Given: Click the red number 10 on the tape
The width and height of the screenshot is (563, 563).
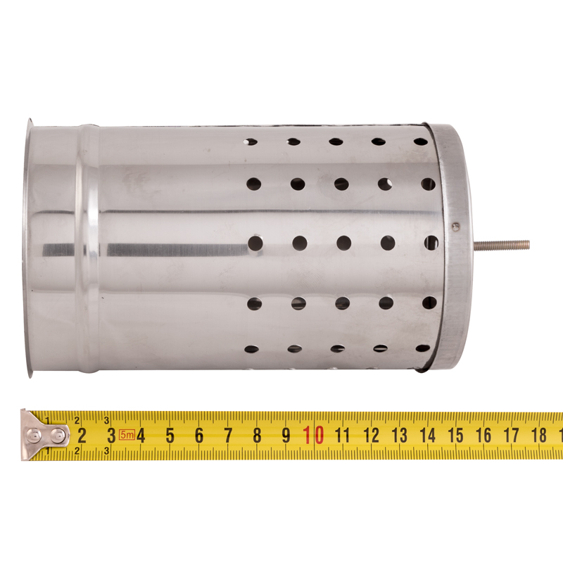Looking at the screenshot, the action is point(314,435).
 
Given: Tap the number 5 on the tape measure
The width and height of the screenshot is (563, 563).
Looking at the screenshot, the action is point(170,436).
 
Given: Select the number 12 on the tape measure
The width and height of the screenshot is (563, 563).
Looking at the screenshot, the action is point(372,436).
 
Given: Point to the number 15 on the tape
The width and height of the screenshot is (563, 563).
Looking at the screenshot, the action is point(455,436).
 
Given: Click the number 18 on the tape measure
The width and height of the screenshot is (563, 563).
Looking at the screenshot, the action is point(538,435).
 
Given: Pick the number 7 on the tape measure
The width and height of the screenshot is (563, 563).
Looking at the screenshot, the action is point(228,436).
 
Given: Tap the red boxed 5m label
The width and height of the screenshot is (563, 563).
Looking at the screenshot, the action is point(127,435).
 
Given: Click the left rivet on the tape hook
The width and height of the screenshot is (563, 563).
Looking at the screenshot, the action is point(34,436).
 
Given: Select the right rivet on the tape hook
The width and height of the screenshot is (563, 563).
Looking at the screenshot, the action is point(58,436).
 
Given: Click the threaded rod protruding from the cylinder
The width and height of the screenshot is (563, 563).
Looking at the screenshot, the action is point(502,244).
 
